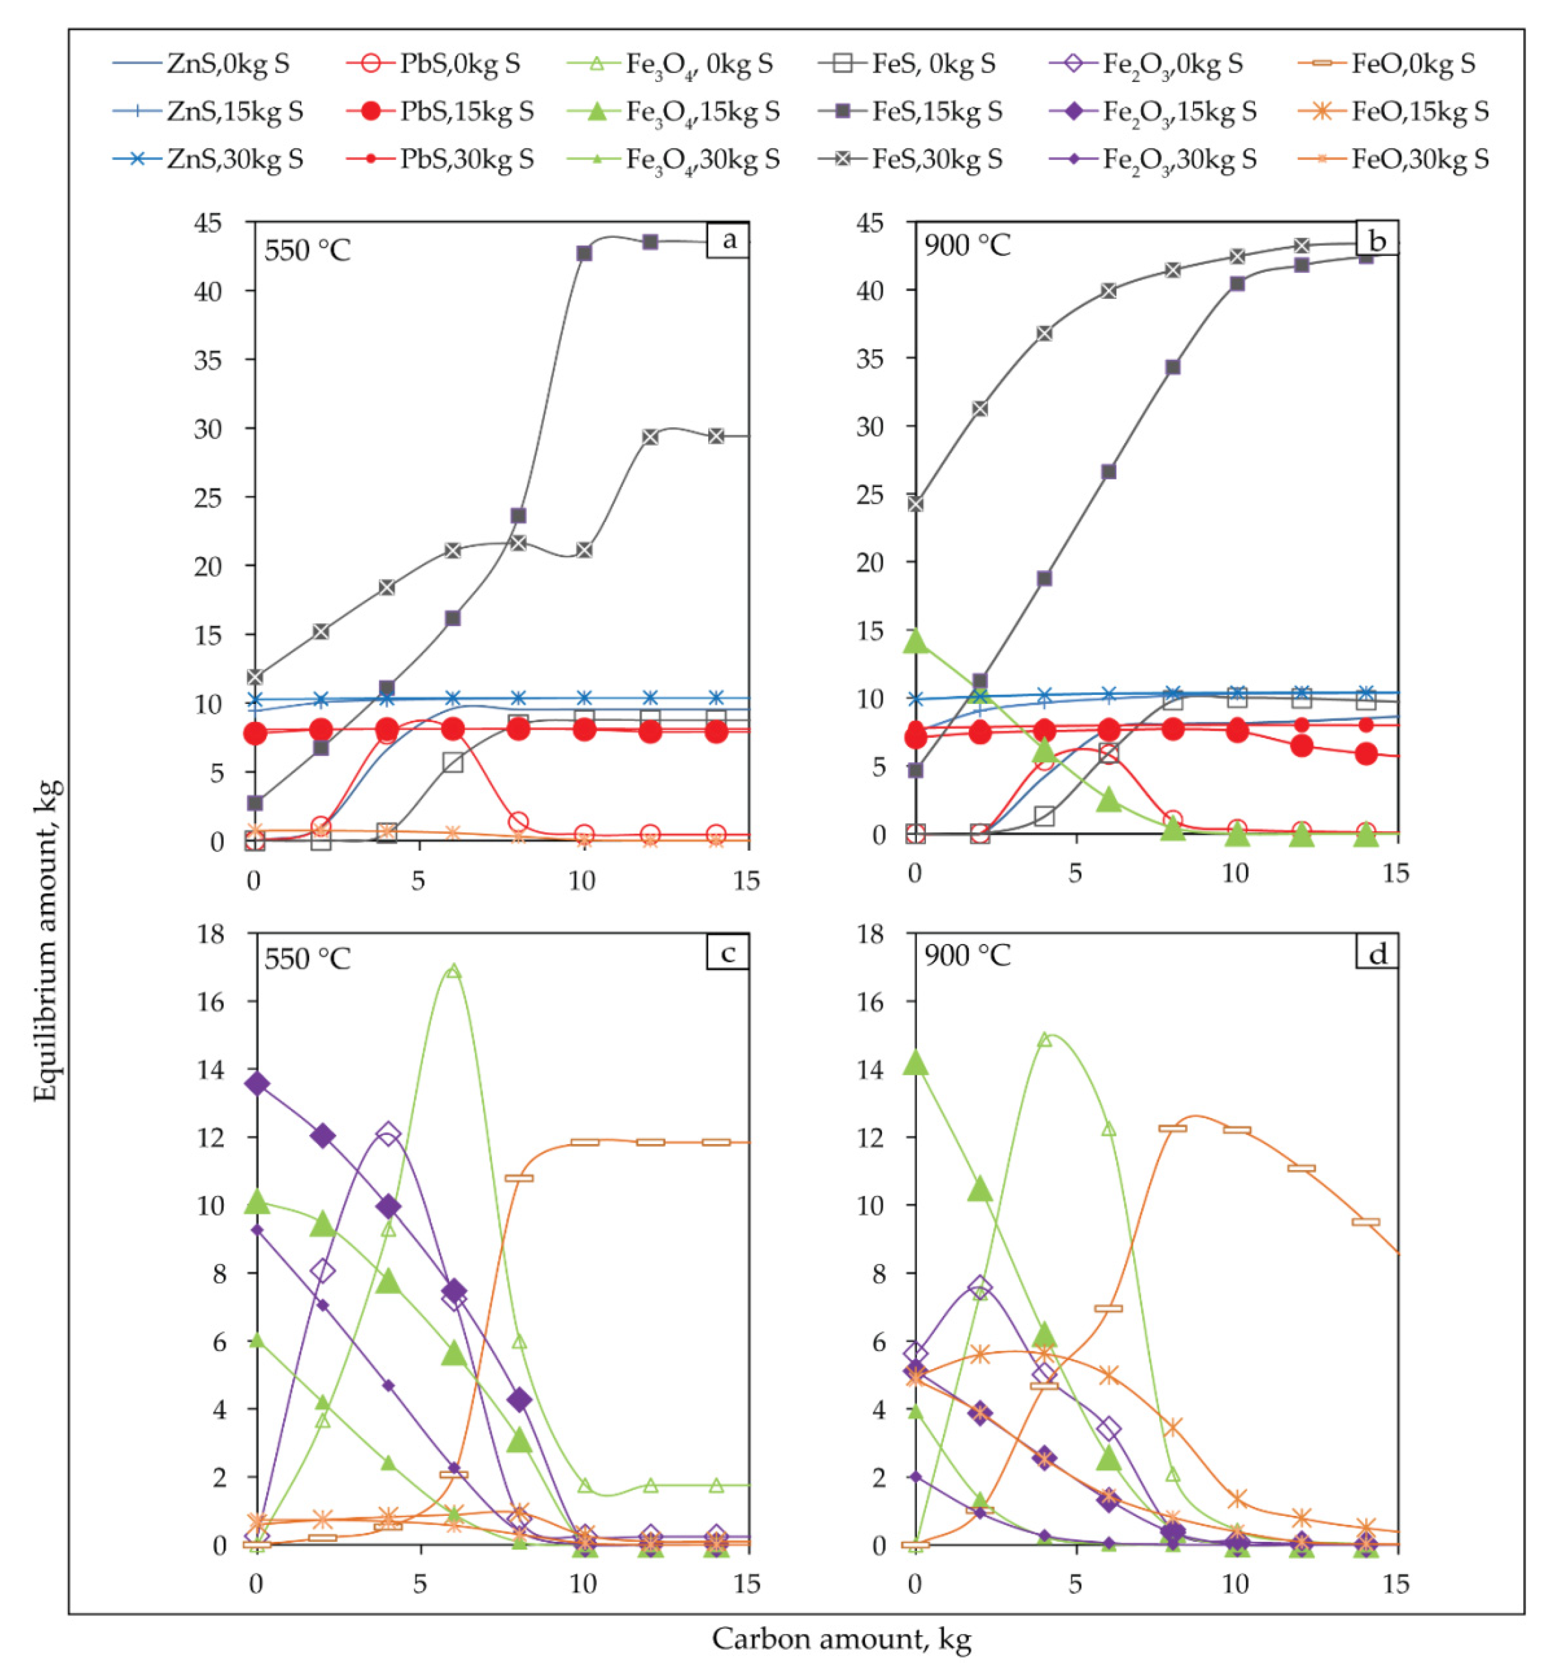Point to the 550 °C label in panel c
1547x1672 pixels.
pos(307,958)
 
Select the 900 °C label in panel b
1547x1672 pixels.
pos(967,245)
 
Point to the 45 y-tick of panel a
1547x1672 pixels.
pos(208,223)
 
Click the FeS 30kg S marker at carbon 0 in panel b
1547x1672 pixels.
pos(915,504)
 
